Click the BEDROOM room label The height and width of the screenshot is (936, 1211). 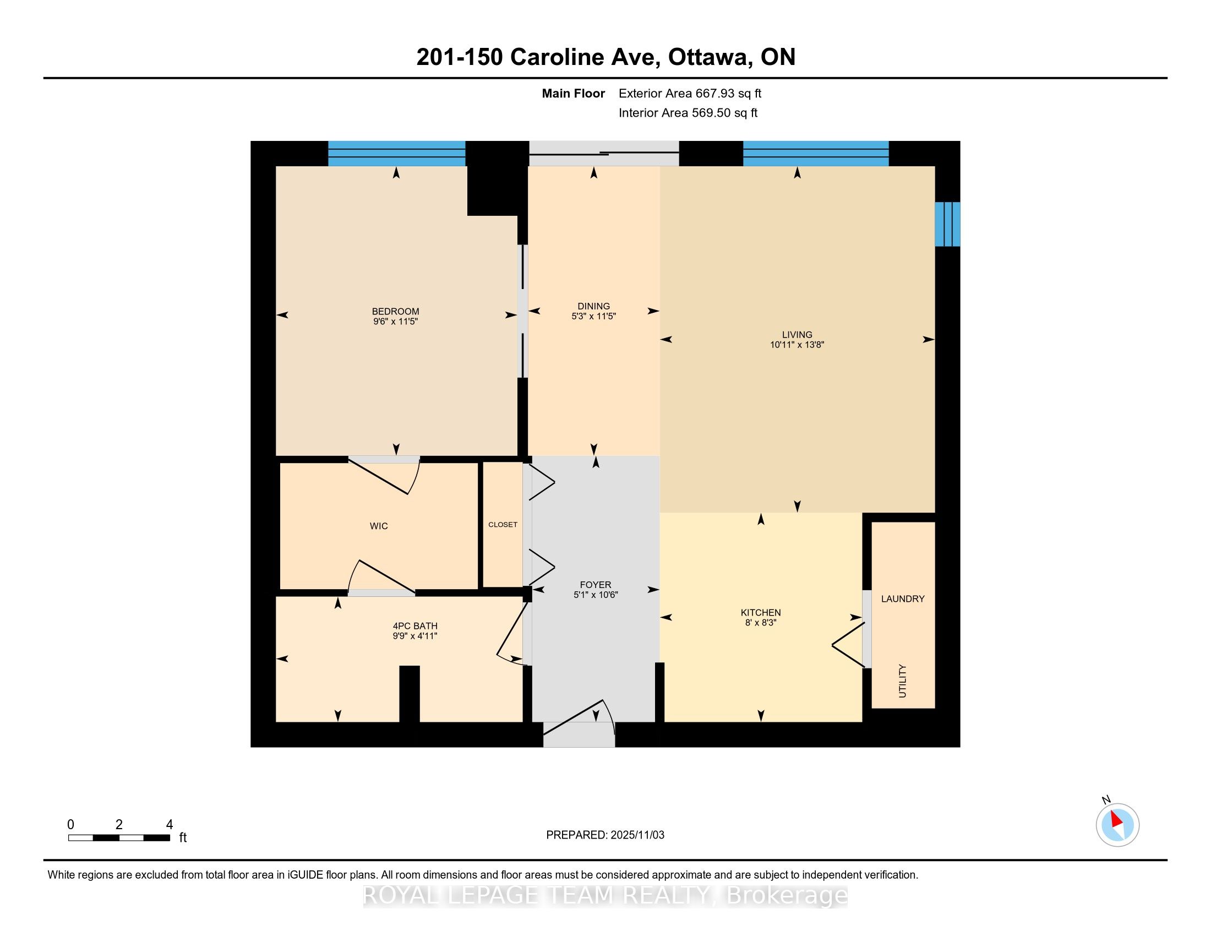pos(395,311)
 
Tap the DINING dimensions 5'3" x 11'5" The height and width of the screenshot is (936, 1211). pos(593,316)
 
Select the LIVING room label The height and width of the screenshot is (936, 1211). pos(797,334)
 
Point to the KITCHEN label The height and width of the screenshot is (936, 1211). pos(760,612)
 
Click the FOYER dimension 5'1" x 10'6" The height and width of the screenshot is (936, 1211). pos(596,595)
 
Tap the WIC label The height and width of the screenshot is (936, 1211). pos(379,526)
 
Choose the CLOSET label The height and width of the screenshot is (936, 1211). pos(503,524)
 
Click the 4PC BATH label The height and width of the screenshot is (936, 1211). pos(414,626)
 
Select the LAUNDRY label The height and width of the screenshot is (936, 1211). pos(902,598)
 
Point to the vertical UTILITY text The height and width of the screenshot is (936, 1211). pos(902,681)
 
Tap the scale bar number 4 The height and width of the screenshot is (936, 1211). pos(170,824)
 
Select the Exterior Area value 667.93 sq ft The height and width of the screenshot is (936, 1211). pos(728,93)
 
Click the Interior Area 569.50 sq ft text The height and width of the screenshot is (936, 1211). pos(688,112)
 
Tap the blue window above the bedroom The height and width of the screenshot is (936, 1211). pos(396,154)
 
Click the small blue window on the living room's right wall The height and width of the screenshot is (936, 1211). pos(947,224)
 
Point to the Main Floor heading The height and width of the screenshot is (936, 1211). pos(573,93)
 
